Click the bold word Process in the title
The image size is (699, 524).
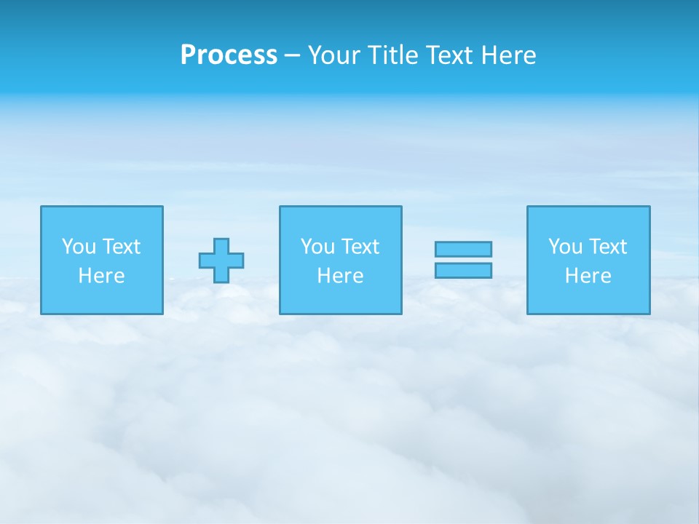pos(229,55)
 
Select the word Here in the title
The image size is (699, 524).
pos(508,55)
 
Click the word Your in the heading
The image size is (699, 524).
pos(334,55)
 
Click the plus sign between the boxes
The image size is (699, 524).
pos(221,261)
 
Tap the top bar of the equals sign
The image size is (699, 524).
pos(463,249)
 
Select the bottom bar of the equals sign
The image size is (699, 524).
pos(463,270)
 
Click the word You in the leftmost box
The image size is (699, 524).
pos(79,247)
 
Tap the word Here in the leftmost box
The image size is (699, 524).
pos(102,276)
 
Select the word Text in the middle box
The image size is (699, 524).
pos(360,247)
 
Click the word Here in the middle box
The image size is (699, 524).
pos(340,276)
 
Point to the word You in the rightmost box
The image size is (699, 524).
pos(565,247)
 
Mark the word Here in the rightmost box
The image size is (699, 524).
pos(588,276)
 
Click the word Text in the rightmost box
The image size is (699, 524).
pos(607,247)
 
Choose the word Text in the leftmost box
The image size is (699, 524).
pos(121,247)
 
